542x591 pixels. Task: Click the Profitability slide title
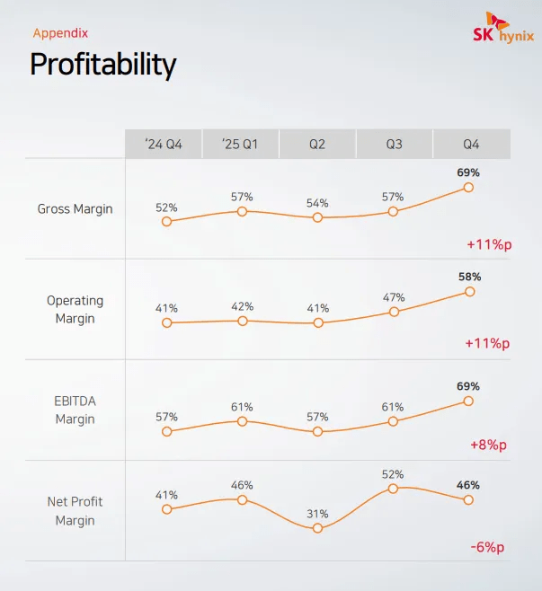point(102,65)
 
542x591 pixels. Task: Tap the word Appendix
point(60,33)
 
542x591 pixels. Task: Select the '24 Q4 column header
point(164,144)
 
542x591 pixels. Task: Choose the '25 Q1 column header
point(240,144)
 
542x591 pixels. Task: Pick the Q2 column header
point(317,144)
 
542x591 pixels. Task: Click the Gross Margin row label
point(76,209)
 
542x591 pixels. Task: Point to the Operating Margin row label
point(76,309)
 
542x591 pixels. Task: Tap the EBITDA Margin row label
point(76,410)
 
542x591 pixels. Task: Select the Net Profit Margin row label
point(76,511)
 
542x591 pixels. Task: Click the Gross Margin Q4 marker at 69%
point(468,187)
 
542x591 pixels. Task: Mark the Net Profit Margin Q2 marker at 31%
point(317,528)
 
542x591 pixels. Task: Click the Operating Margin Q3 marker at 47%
point(393,312)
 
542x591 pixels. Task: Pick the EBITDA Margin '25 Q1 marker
point(242,420)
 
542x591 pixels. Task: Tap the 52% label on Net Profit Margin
point(393,474)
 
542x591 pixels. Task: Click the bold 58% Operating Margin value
point(469,277)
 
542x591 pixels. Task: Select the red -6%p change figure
point(487,548)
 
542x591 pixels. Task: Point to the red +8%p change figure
point(488,445)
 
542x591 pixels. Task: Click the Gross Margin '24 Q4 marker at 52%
point(166,221)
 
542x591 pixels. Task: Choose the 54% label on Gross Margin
point(317,203)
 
